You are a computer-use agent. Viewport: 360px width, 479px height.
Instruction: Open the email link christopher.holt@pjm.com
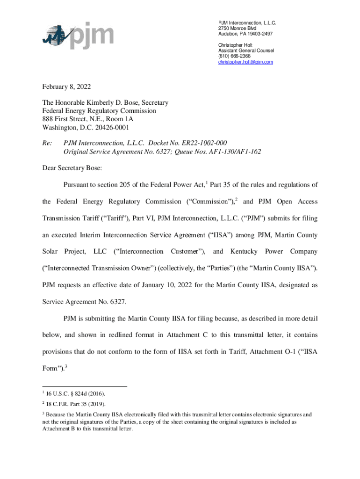245,62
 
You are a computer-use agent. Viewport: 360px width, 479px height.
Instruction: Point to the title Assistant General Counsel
246,51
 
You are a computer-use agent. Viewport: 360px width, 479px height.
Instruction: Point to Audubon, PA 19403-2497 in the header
245,34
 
